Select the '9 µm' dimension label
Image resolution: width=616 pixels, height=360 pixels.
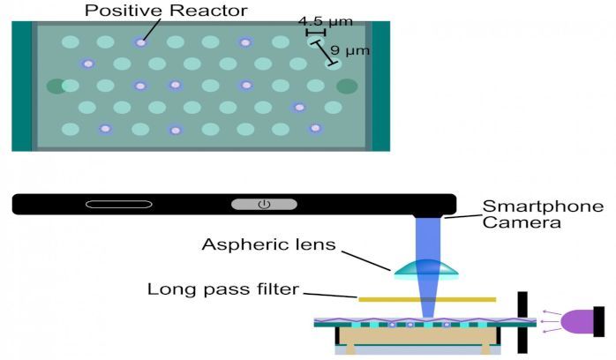(350, 50)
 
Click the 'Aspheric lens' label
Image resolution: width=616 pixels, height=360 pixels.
(268, 244)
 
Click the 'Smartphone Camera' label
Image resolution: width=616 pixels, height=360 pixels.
(543, 214)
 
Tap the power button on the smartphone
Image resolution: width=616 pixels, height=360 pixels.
(263, 205)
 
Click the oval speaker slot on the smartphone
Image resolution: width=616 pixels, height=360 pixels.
(119, 205)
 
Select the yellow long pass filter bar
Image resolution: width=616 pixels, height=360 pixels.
(427, 300)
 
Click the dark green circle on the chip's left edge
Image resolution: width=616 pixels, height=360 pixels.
(56, 86)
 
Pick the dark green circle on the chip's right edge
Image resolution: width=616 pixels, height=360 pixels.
(347, 86)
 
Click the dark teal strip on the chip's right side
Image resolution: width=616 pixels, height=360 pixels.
(380, 85)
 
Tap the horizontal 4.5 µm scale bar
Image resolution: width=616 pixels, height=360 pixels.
(315, 33)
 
